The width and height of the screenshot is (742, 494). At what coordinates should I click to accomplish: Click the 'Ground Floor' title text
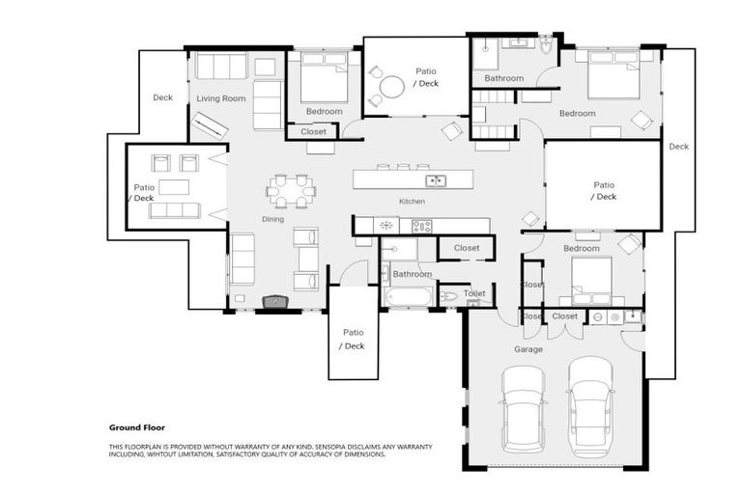tap(136, 426)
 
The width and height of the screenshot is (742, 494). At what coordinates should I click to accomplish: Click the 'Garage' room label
tap(528, 349)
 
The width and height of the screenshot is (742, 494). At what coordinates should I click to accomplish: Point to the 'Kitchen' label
tap(413, 202)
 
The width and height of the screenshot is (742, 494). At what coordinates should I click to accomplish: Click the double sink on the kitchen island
tap(437, 179)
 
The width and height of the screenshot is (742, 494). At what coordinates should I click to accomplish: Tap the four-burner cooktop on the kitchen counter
tap(422, 226)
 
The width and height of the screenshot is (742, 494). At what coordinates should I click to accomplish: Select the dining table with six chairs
tap(292, 190)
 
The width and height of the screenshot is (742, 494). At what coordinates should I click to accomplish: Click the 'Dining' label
tap(273, 219)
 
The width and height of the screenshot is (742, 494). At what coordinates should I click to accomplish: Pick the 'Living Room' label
tap(221, 98)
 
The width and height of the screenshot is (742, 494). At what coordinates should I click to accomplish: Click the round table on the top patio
tap(392, 88)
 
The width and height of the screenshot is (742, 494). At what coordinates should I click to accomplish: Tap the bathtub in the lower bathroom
tap(409, 295)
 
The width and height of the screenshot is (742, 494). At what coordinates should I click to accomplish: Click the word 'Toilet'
tap(474, 293)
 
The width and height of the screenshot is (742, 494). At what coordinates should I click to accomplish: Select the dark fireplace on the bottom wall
tap(274, 302)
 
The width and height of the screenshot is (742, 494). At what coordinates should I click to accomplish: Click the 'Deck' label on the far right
tap(678, 147)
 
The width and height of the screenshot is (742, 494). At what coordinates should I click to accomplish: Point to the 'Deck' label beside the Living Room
tap(162, 97)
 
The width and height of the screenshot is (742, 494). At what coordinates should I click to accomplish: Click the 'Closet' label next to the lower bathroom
tap(467, 248)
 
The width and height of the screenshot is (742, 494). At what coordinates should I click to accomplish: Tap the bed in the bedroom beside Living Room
tap(324, 79)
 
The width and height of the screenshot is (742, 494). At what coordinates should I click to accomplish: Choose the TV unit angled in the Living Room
tap(210, 126)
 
